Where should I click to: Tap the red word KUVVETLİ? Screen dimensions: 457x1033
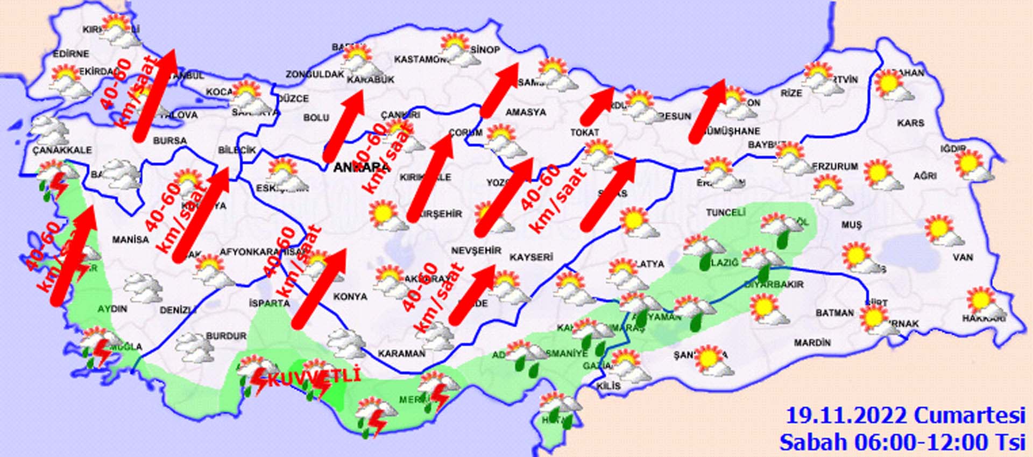[313, 378]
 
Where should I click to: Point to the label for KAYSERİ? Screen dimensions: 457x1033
[531, 257]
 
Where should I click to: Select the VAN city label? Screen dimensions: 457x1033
[963, 257]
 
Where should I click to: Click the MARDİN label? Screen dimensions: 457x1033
[812, 342]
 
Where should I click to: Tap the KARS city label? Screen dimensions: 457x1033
[910, 123]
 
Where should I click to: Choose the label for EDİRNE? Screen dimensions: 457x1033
[71, 54]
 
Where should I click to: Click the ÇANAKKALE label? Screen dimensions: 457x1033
[62, 150]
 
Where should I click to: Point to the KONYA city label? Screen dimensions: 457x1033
[350, 297]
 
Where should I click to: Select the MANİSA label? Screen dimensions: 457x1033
[130, 240]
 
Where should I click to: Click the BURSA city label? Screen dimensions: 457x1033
[170, 141]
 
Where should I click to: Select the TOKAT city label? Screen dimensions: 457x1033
[585, 132]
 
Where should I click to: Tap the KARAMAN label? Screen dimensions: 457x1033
[401, 354]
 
